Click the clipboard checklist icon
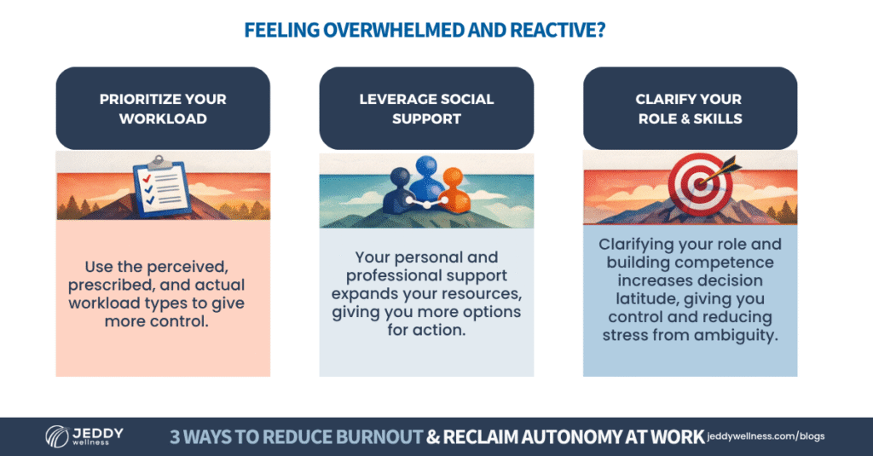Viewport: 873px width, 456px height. (x=162, y=187)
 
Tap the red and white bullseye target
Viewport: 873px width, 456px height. (x=699, y=184)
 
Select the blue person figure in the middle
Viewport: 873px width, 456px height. (x=426, y=177)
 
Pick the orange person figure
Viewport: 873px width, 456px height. (x=454, y=192)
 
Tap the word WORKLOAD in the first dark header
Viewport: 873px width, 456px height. (x=163, y=118)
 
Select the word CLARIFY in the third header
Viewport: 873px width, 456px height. (x=662, y=99)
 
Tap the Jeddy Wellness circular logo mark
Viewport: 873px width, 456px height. (x=56, y=436)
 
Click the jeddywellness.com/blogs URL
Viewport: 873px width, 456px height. (x=766, y=436)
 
